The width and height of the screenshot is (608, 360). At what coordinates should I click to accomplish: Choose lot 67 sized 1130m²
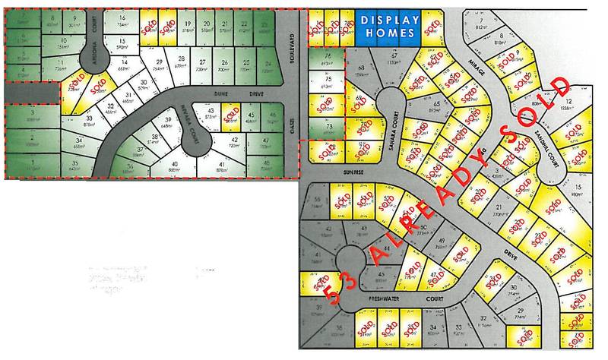pos(394,62)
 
